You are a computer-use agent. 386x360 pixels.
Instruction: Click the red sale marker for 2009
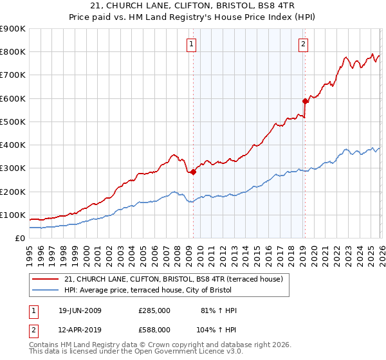(193, 172)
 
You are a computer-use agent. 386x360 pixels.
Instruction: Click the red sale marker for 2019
(305, 101)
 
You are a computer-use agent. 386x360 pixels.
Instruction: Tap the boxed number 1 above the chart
(192, 44)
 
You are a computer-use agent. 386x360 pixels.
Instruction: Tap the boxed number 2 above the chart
(303, 44)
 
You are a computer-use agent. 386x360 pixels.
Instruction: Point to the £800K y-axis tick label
(13, 52)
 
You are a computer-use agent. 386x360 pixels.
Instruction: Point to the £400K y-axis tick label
(13, 145)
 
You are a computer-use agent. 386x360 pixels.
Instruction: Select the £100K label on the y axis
(13, 215)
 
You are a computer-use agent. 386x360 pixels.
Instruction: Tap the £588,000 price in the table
(154, 329)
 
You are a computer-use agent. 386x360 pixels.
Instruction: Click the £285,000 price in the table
(154, 310)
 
